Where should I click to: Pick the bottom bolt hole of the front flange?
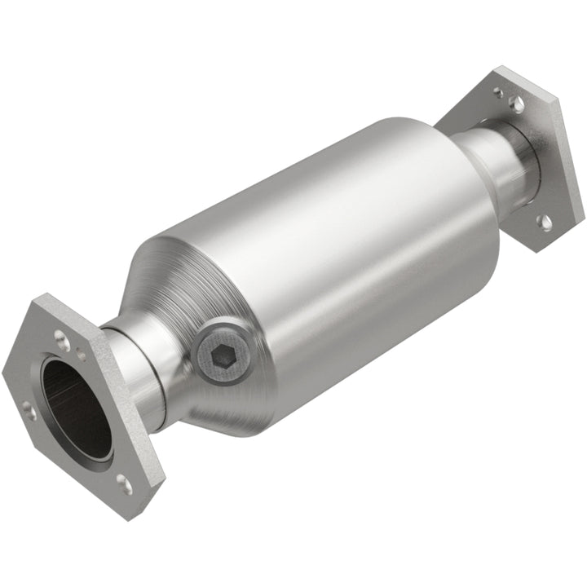tap(123, 485)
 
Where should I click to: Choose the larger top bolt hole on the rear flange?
tap(515, 103)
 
